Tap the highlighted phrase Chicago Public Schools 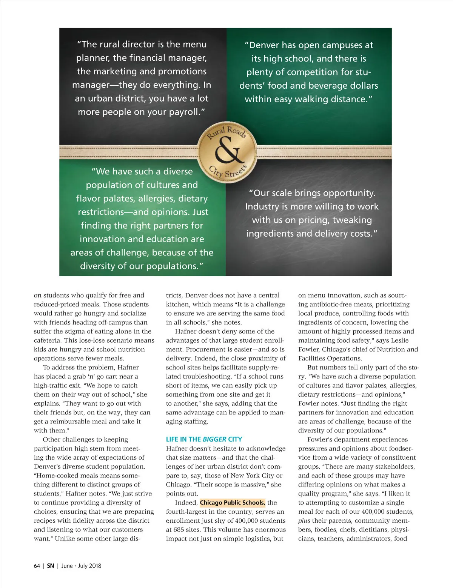click(x=233, y=503)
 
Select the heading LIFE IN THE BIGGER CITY click(x=204, y=439)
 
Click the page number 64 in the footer click(x=37, y=566)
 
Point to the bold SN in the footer click(x=51, y=566)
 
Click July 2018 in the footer click(x=89, y=566)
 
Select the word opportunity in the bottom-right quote click(x=346, y=193)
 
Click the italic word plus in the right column click(x=304, y=521)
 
